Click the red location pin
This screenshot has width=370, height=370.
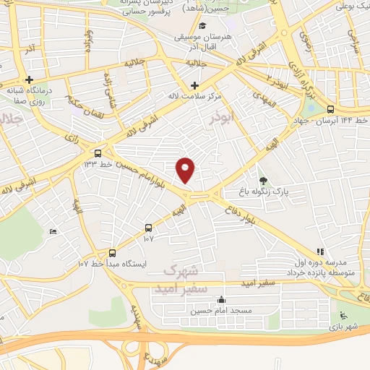[x=186, y=171]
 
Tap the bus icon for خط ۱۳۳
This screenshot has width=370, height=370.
[x=98, y=153]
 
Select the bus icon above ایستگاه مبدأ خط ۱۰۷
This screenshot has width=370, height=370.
[x=111, y=253]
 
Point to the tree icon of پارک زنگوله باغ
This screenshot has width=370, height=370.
[x=262, y=181]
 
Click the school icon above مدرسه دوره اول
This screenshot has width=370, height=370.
[x=319, y=252]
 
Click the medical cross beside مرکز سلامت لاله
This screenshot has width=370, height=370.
[x=194, y=85]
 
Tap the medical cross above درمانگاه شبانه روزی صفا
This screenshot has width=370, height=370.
[x=30, y=79]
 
